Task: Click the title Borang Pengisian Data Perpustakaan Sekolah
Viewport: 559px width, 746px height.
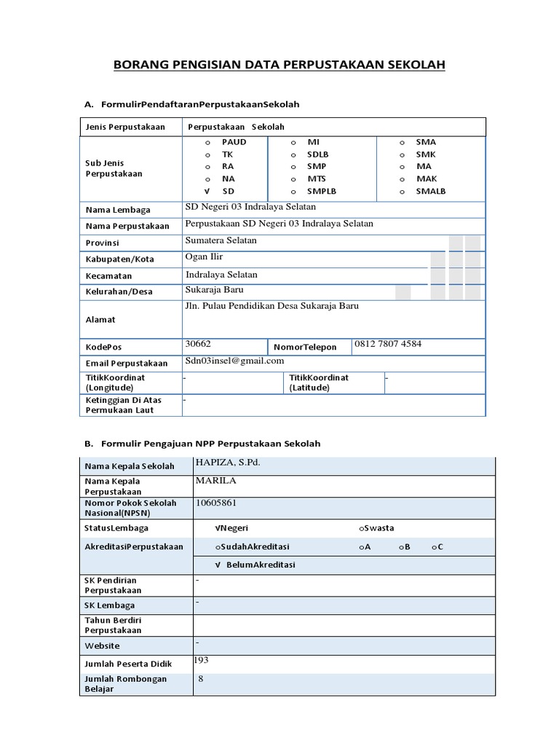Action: (x=279, y=66)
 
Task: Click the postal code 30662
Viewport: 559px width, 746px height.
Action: (x=199, y=343)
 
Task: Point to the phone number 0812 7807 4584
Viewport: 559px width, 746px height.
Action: (x=388, y=343)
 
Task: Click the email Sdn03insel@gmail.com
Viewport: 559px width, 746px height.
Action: (x=234, y=361)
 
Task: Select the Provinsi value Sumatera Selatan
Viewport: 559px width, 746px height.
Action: (x=221, y=240)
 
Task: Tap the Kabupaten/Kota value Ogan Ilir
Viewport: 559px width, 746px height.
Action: (x=205, y=257)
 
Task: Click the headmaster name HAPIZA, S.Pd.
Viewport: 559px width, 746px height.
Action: (x=227, y=463)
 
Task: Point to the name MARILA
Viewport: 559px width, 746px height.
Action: (x=216, y=481)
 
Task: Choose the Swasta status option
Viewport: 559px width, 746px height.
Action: (x=376, y=528)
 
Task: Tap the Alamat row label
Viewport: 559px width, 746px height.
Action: (x=100, y=320)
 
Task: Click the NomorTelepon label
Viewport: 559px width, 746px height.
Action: (x=305, y=348)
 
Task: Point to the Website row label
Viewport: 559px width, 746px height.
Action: (x=103, y=646)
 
